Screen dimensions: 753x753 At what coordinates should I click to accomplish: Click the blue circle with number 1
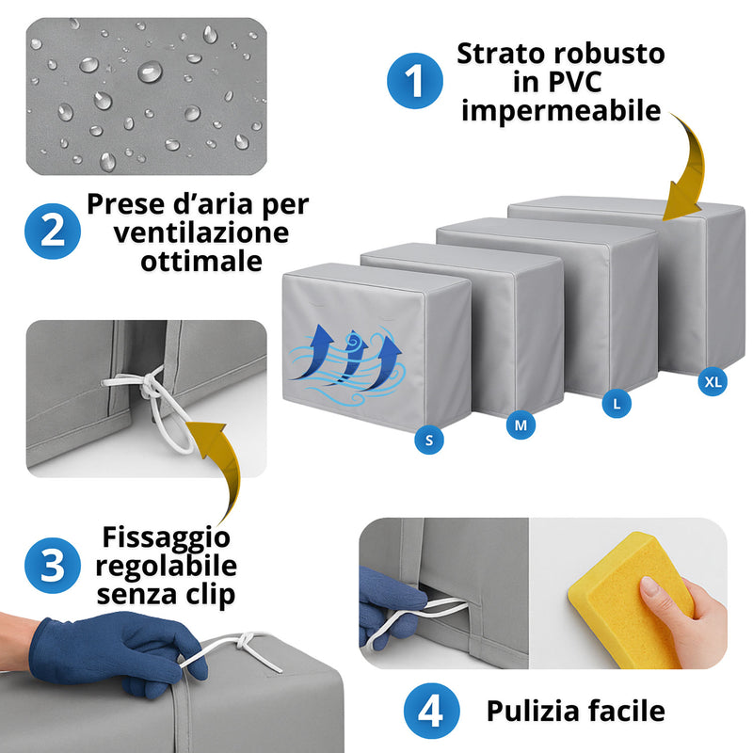[x=414, y=82]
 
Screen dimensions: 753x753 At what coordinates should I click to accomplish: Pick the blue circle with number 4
[x=431, y=712]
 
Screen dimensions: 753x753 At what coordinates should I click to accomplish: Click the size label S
[x=429, y=438]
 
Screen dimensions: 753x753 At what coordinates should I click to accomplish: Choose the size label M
[x=520, y=425]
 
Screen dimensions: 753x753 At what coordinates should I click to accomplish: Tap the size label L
[x=616, y=405]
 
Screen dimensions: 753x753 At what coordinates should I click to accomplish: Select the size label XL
[x=713, y=381]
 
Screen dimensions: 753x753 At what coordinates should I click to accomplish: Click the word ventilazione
[x=201, y=232]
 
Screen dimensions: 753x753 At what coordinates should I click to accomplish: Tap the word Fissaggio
[x=166, y=537]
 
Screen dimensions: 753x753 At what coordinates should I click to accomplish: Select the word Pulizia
[x=531, y=712]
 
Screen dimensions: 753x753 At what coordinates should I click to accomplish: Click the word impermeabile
[x=561, y=110]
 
